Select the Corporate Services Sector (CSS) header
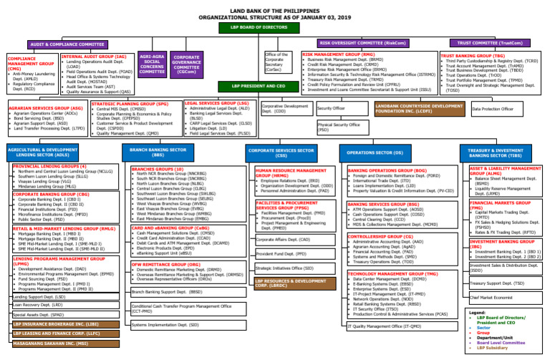click(281, 152)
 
